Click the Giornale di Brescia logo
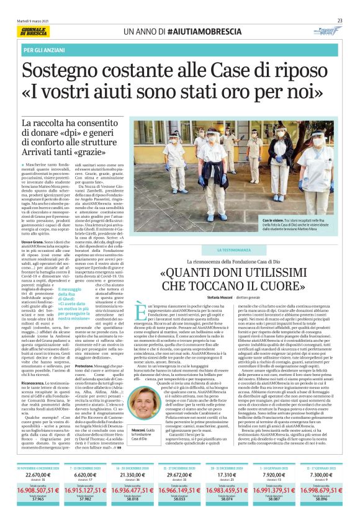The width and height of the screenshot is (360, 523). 37,30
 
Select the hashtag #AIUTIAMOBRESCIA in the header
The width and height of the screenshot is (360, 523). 199,30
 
